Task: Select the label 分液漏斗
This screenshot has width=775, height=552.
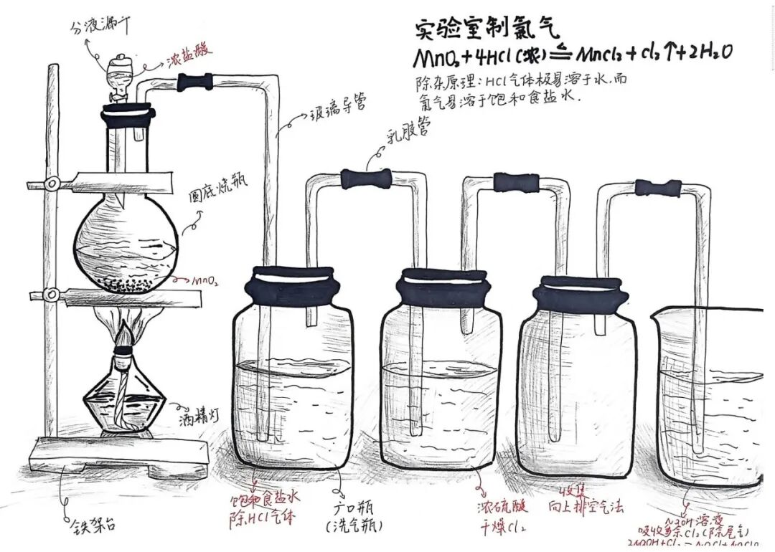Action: point(100,29)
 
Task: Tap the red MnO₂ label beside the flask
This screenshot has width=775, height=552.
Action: point(205,282)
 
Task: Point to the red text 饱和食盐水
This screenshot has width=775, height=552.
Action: point(259,499)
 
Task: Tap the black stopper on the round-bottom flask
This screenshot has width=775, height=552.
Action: point(128,113)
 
